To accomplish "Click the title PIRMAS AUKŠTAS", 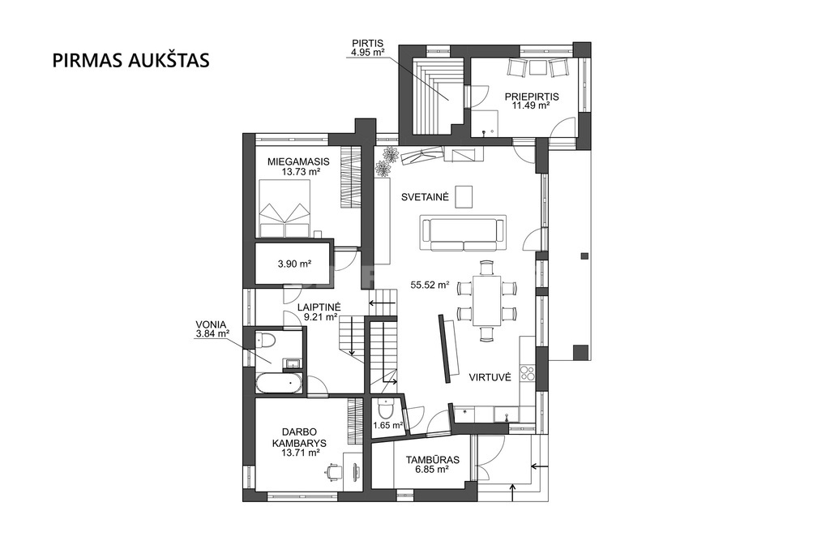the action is (x=130, y=60).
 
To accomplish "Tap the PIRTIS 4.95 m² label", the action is (x=367, y=47).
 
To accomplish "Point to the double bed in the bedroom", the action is (x=285, y=208).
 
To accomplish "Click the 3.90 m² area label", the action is (x=294, y=264).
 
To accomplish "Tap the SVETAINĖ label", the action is (x=425, y=197).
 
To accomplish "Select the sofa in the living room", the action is (x=463, y=233).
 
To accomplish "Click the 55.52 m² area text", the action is (x=430, y=285).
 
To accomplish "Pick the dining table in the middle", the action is (x=487, y=300).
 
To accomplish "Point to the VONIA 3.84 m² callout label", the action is (x=212, y=329).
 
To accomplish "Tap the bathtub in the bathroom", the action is (x=280, y=384).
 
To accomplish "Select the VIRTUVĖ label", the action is (x=490, y=377).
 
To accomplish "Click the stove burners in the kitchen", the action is (x=527, y=373).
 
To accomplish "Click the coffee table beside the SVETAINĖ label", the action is (x=464, y=195).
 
